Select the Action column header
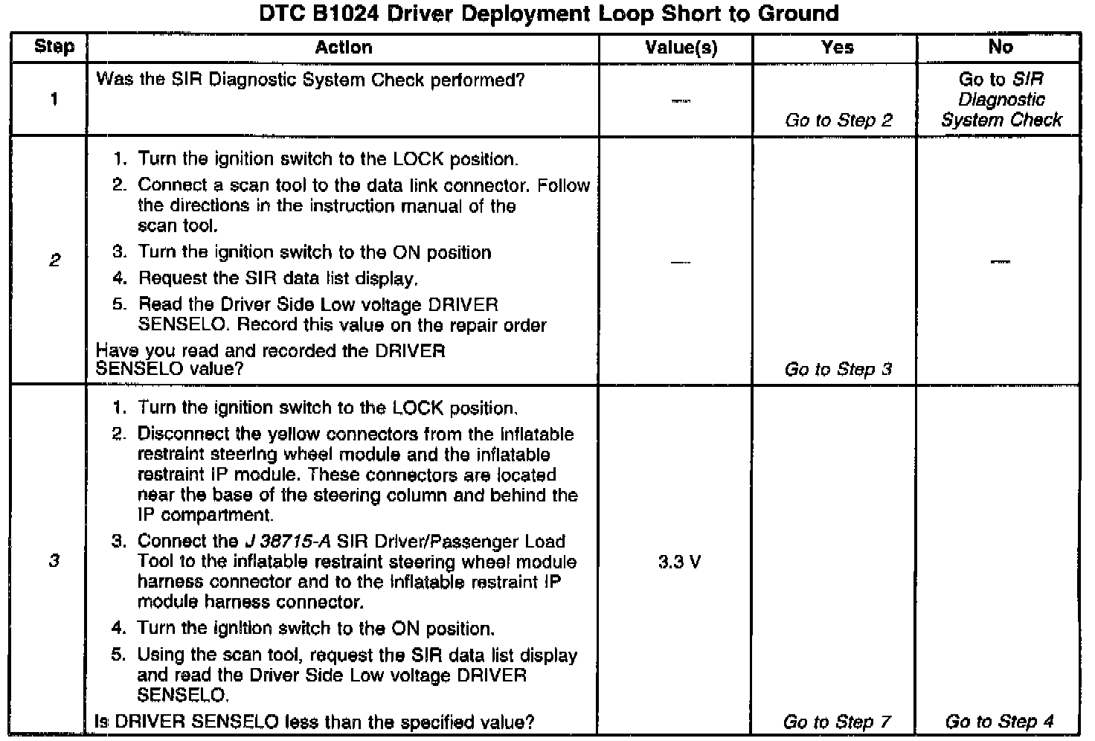[343, 48]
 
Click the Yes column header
[837, 48]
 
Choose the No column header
[1001, 48]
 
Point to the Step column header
[54, 48]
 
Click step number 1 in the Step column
[54, 100]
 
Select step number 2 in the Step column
[54, 260]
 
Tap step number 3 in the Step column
[54, 561]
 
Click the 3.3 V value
[679, 562]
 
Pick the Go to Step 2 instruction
[838, 121]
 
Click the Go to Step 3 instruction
[838, 369]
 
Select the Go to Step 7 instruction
[837, 722]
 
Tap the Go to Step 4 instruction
[999, 722]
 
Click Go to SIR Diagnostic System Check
[1001, 100]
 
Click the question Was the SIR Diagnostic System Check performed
[311, 80]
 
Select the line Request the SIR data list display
[277, 279]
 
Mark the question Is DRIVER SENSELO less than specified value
[315, 722]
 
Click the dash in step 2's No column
[1001, 261]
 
